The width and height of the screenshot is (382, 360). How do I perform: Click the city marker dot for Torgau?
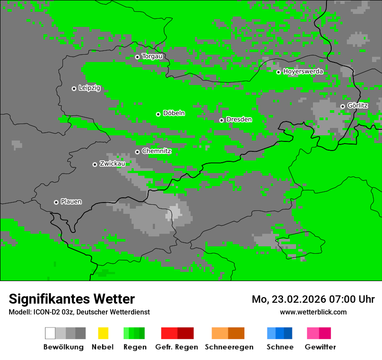point(137,57)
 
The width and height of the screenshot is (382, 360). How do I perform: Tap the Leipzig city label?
point(89,88)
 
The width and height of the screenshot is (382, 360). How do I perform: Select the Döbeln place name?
point(174,113)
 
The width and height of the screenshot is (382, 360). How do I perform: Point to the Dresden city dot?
point(221,120)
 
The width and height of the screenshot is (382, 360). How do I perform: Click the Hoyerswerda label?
point(303,72)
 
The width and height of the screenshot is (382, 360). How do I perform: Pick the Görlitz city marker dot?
point(342,106)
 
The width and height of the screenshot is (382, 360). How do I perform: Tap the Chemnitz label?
point(156,151)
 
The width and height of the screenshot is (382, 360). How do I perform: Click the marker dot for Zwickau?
point(95,164)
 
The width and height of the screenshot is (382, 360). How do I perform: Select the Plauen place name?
point(71,202)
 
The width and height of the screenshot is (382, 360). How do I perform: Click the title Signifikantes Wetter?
point(72,299)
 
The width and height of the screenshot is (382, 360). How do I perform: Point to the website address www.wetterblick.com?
point(313,312)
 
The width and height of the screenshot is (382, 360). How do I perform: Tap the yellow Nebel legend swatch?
point(103,333)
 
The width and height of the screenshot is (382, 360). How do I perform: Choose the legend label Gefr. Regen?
point(177,347)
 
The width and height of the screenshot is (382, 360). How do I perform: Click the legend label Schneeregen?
point(229,347)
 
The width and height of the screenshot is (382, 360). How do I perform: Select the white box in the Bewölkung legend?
point(50,333)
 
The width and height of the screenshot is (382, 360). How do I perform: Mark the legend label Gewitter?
point(320,347)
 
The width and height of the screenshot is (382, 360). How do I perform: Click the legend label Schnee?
point(280,347)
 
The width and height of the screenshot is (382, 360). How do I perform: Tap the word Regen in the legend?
point(134,347)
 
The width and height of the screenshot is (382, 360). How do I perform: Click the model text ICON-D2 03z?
point(50,312)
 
